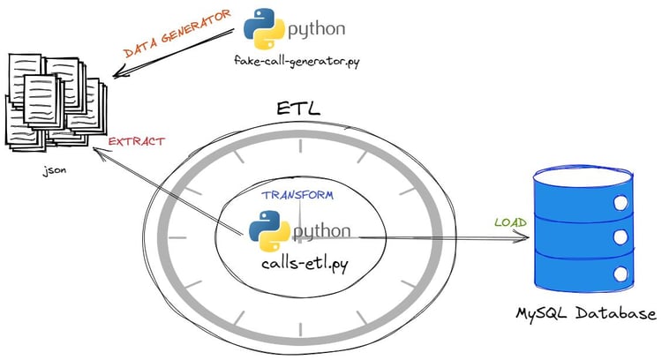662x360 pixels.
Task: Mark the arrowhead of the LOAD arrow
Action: coord(524,236)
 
